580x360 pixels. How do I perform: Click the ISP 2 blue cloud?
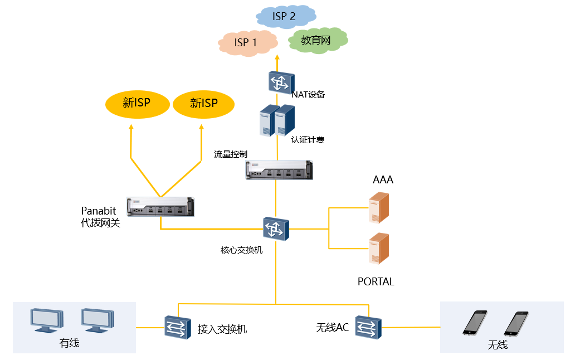tap(284, 17)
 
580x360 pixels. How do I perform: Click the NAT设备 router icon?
tap(279, 82)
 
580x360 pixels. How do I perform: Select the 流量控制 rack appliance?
tap(279, 169)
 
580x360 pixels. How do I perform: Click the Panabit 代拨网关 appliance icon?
tap(160, 207)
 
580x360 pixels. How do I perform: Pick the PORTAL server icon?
tap(379, 249)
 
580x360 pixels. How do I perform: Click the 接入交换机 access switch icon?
tap(178, 327)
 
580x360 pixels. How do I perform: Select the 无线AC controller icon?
tap(368, 327)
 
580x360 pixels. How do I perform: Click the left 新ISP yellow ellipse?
tap(137, 103)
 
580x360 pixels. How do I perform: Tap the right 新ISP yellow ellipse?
tap(204, 103)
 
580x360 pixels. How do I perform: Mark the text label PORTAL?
tap(376, 282)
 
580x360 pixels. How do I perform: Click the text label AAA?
tap(383, 180)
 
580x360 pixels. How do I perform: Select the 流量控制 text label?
tap(230, 154)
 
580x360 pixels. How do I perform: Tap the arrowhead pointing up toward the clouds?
tap(277, 57)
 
